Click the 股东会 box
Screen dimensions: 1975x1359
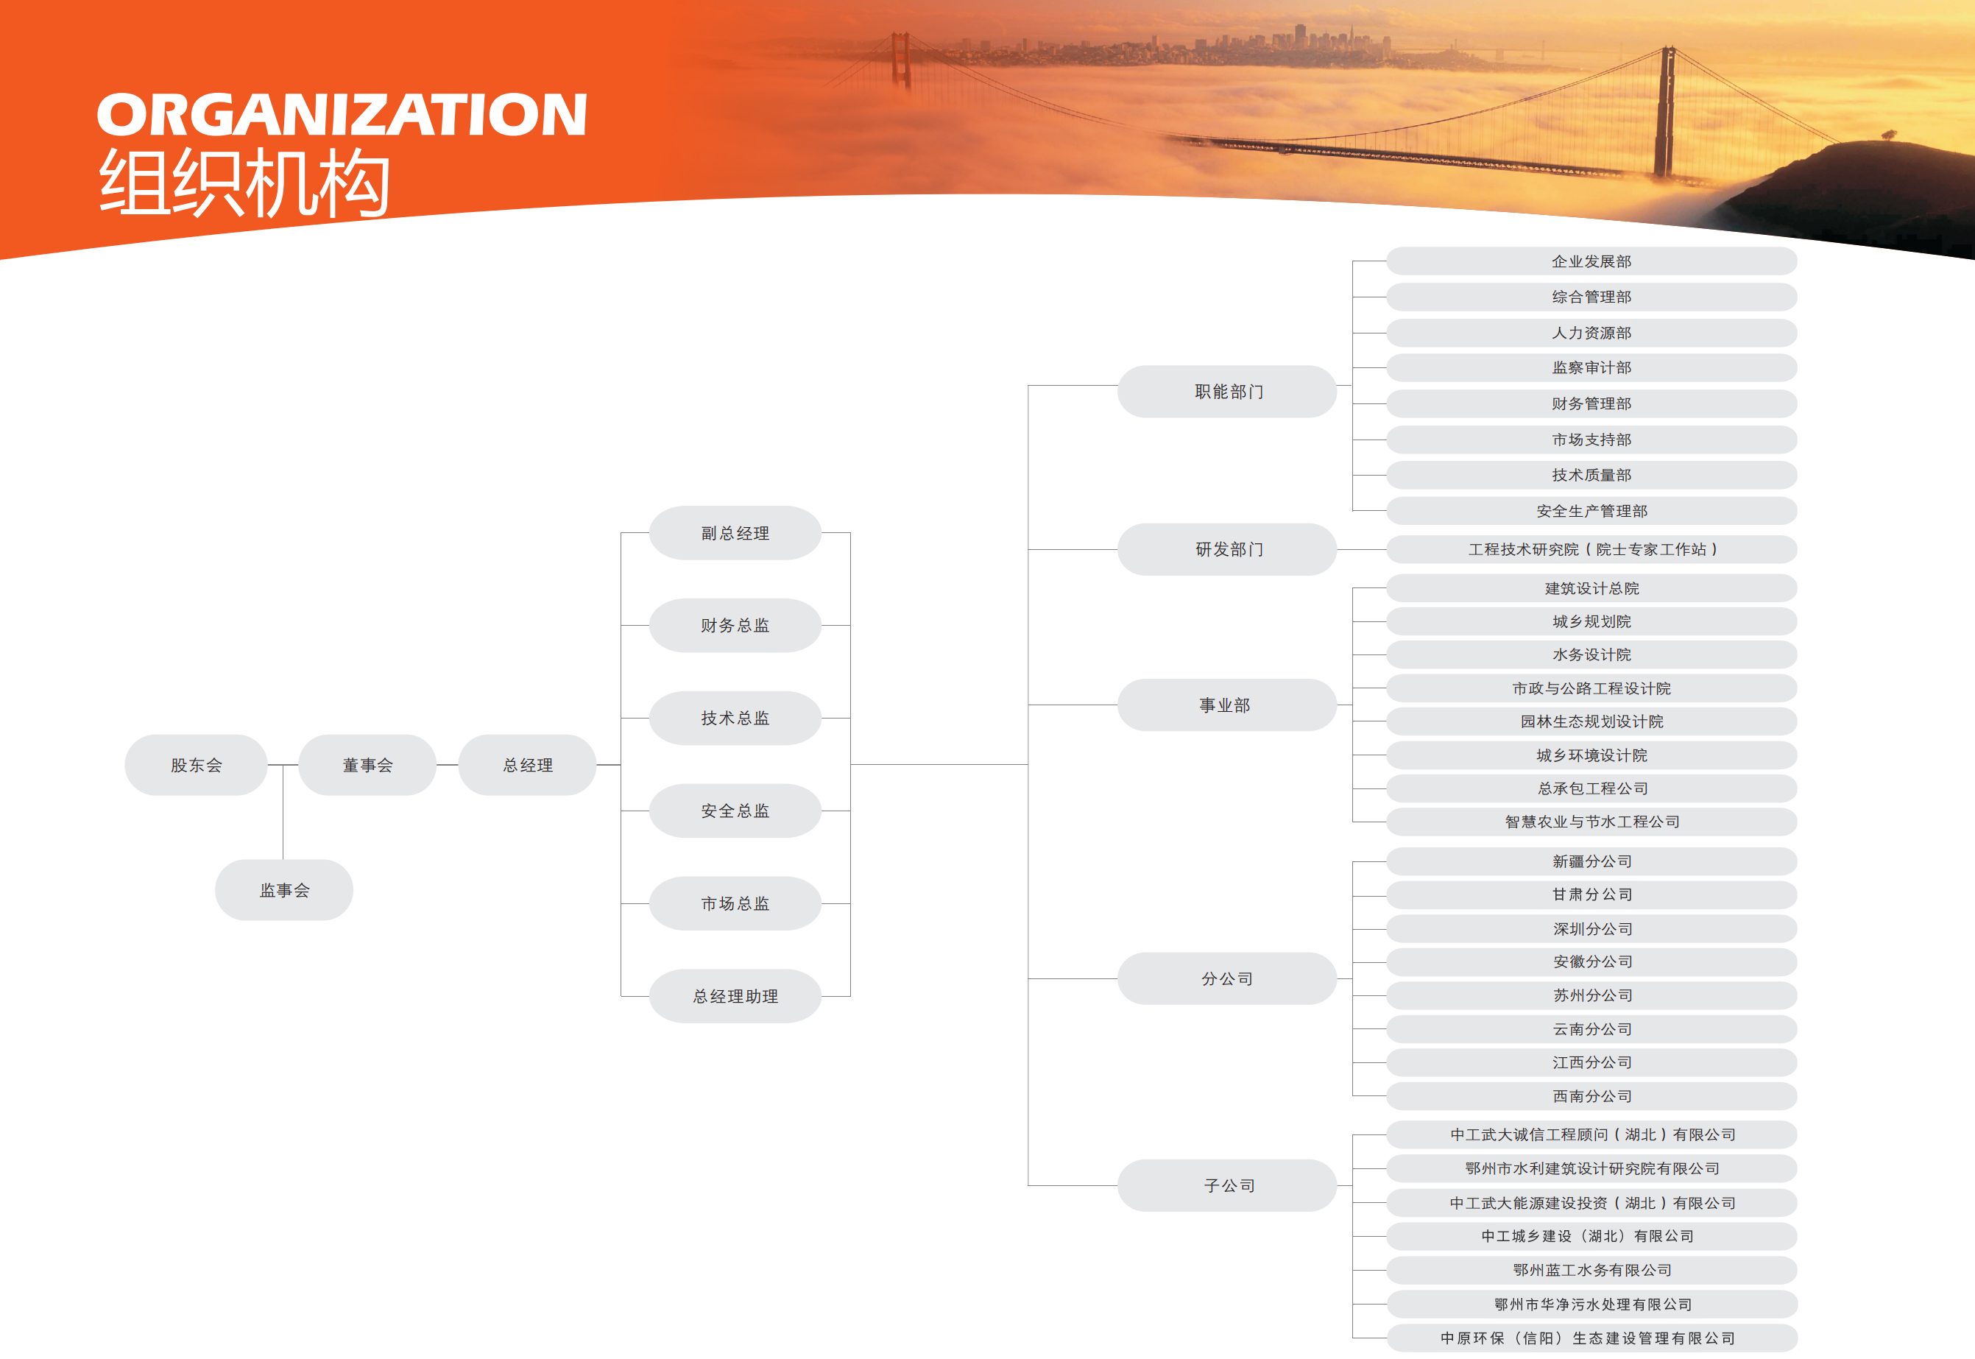196,765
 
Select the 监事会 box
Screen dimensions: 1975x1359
284,890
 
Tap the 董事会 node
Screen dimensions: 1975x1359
368,765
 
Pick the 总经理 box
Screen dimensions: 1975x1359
528,765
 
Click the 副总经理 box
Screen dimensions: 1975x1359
735,533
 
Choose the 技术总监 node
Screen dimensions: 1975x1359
735,718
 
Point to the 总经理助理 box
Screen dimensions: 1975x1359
735,996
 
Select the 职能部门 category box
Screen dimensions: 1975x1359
1228,392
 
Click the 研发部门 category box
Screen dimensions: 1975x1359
1228,549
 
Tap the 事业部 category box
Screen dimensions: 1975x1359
1228,705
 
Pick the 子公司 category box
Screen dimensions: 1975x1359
1228,1185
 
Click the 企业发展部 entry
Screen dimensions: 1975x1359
1592,261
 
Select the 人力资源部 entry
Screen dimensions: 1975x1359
1592,333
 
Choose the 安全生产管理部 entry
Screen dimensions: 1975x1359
1592,511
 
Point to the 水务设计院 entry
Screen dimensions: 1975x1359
1592,654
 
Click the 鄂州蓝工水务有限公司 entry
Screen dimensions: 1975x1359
1592,1270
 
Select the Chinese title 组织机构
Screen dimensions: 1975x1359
245,183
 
